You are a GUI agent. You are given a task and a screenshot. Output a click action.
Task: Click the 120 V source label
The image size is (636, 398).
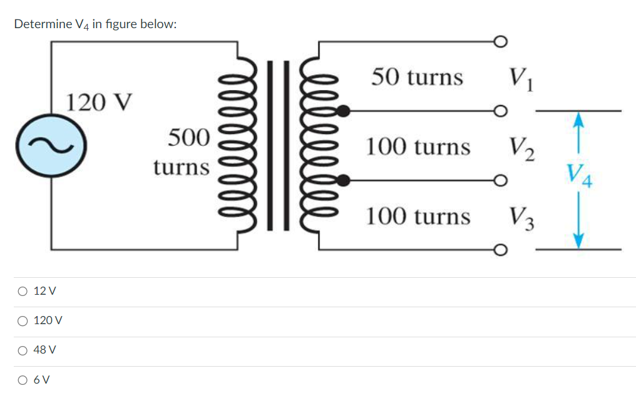[x=100, y=101]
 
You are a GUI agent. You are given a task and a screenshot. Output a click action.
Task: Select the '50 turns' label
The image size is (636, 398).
[x=417, y=77]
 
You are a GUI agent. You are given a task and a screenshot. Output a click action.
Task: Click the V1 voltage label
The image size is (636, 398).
[x=521, y=78]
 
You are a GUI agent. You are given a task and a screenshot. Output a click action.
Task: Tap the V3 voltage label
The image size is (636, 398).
[x=521, y=217]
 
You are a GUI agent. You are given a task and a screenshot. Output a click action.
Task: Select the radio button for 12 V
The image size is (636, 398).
[x=23, y=291]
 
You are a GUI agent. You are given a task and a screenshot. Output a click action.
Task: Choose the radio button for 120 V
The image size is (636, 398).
[x=23, y=320]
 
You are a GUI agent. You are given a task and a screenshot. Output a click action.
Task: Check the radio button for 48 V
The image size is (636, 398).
[x=23, y=350]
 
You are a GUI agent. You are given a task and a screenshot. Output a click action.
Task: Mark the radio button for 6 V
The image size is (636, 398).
[x=23, y=379]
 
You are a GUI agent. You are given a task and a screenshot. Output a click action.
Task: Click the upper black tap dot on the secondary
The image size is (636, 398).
[x=343, y=112]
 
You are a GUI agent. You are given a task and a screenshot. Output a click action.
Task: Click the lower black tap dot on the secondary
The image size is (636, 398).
[x=343, y=181]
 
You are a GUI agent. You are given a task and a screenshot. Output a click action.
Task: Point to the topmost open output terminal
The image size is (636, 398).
[x=499, y=42]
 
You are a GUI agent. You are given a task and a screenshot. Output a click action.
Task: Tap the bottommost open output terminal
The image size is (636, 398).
[x=499, y=250]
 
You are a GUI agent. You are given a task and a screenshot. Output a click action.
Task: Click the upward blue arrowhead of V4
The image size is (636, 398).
[x=579, y=119]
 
